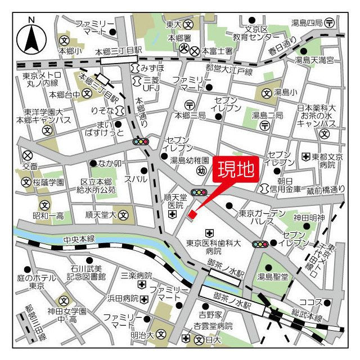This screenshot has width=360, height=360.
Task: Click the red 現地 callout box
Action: pos(236,169)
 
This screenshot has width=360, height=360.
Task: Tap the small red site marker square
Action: pos(192,214)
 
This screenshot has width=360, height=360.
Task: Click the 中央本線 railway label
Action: pos(79,238)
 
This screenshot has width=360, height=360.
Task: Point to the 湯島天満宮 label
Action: pos(315,59)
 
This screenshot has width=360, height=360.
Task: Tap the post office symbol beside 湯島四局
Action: pos(330,22)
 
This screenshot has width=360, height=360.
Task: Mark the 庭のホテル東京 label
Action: pos(37,282)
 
